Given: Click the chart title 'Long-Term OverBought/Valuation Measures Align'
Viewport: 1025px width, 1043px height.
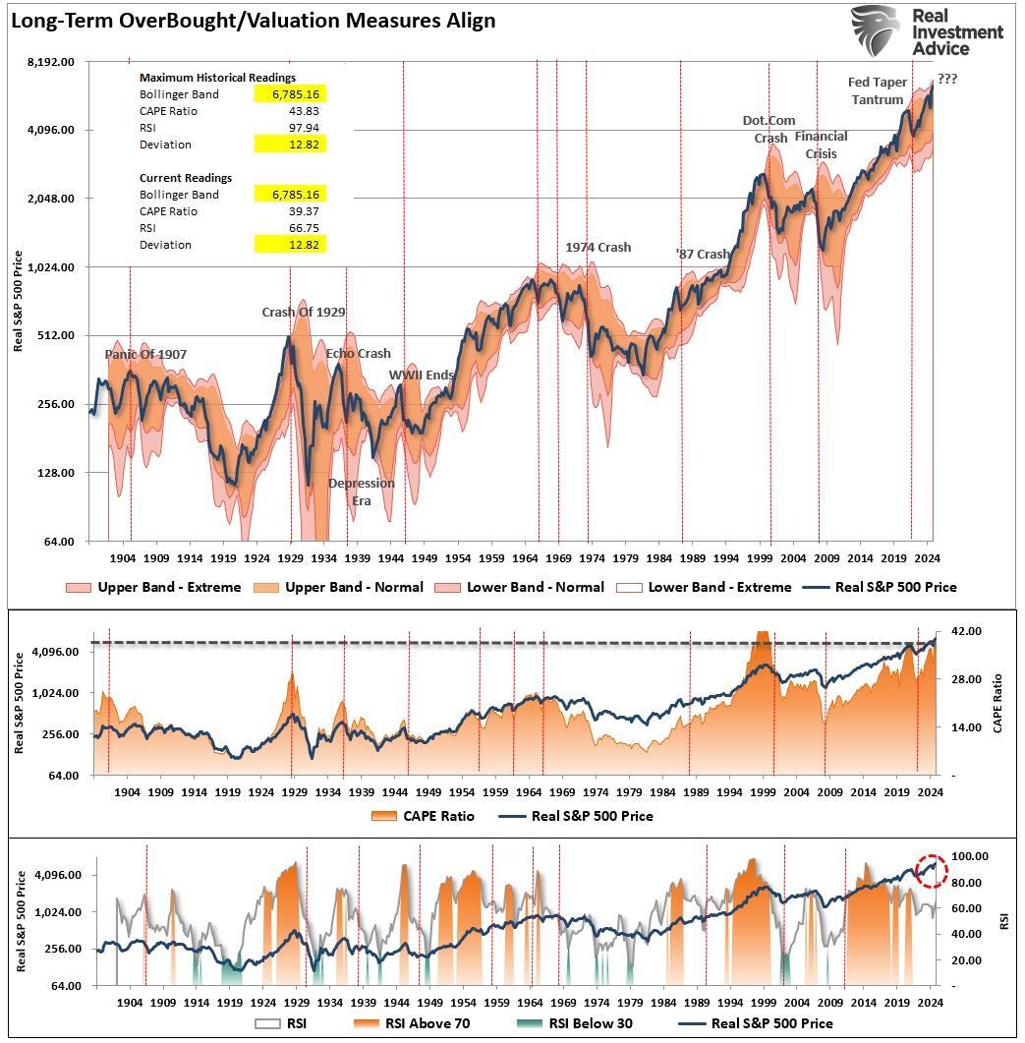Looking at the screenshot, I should pyautogui.click(x=253, y=20).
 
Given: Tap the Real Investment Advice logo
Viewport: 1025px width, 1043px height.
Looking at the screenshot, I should pyautogui.click(x=927, y=31).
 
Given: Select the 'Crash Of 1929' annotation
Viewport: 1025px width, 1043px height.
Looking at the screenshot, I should pyautogui.click(x=303, y=313).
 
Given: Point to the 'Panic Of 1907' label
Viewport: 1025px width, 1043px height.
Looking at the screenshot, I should pyautogui.click(x=145, y=355).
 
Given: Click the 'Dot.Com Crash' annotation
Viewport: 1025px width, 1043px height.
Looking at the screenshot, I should pyautogui.click(x=769, y=129).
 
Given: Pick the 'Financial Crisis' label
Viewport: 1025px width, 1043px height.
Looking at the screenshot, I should pyautogui.click(x=821, y=145).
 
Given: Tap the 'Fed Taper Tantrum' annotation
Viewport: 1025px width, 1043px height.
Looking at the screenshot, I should pyautogui.click(x=878, y=90).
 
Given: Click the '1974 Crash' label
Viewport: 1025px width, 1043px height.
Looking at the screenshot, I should pyautogui.click(x=598, y=248).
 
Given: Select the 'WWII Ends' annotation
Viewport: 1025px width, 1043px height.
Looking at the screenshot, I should pyautogui.click(x=421, y=376).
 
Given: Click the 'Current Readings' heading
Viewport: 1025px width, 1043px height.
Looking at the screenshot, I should pyautogui.click(x=186, y=178).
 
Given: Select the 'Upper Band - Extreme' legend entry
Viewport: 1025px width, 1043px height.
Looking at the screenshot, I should pyautogui.click(x=153, y=588).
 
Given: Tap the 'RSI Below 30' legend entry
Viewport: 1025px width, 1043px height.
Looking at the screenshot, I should pyautogui.click(x=580, y=1023).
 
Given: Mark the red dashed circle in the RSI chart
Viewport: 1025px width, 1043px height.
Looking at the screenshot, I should pyautogui.click(x=931, y=870).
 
